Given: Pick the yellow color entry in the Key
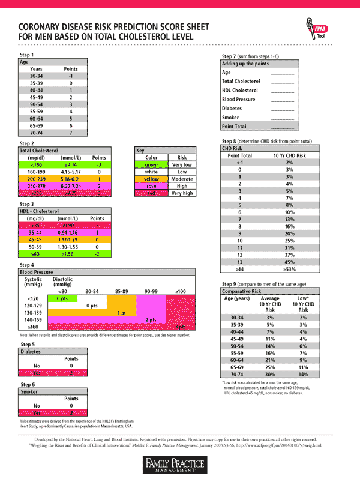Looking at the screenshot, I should [151, 178].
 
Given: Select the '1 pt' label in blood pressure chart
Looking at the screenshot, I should [121, 312].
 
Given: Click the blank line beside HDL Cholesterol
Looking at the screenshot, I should [282, 91].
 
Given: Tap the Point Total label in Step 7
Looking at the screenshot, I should [235, 127].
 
